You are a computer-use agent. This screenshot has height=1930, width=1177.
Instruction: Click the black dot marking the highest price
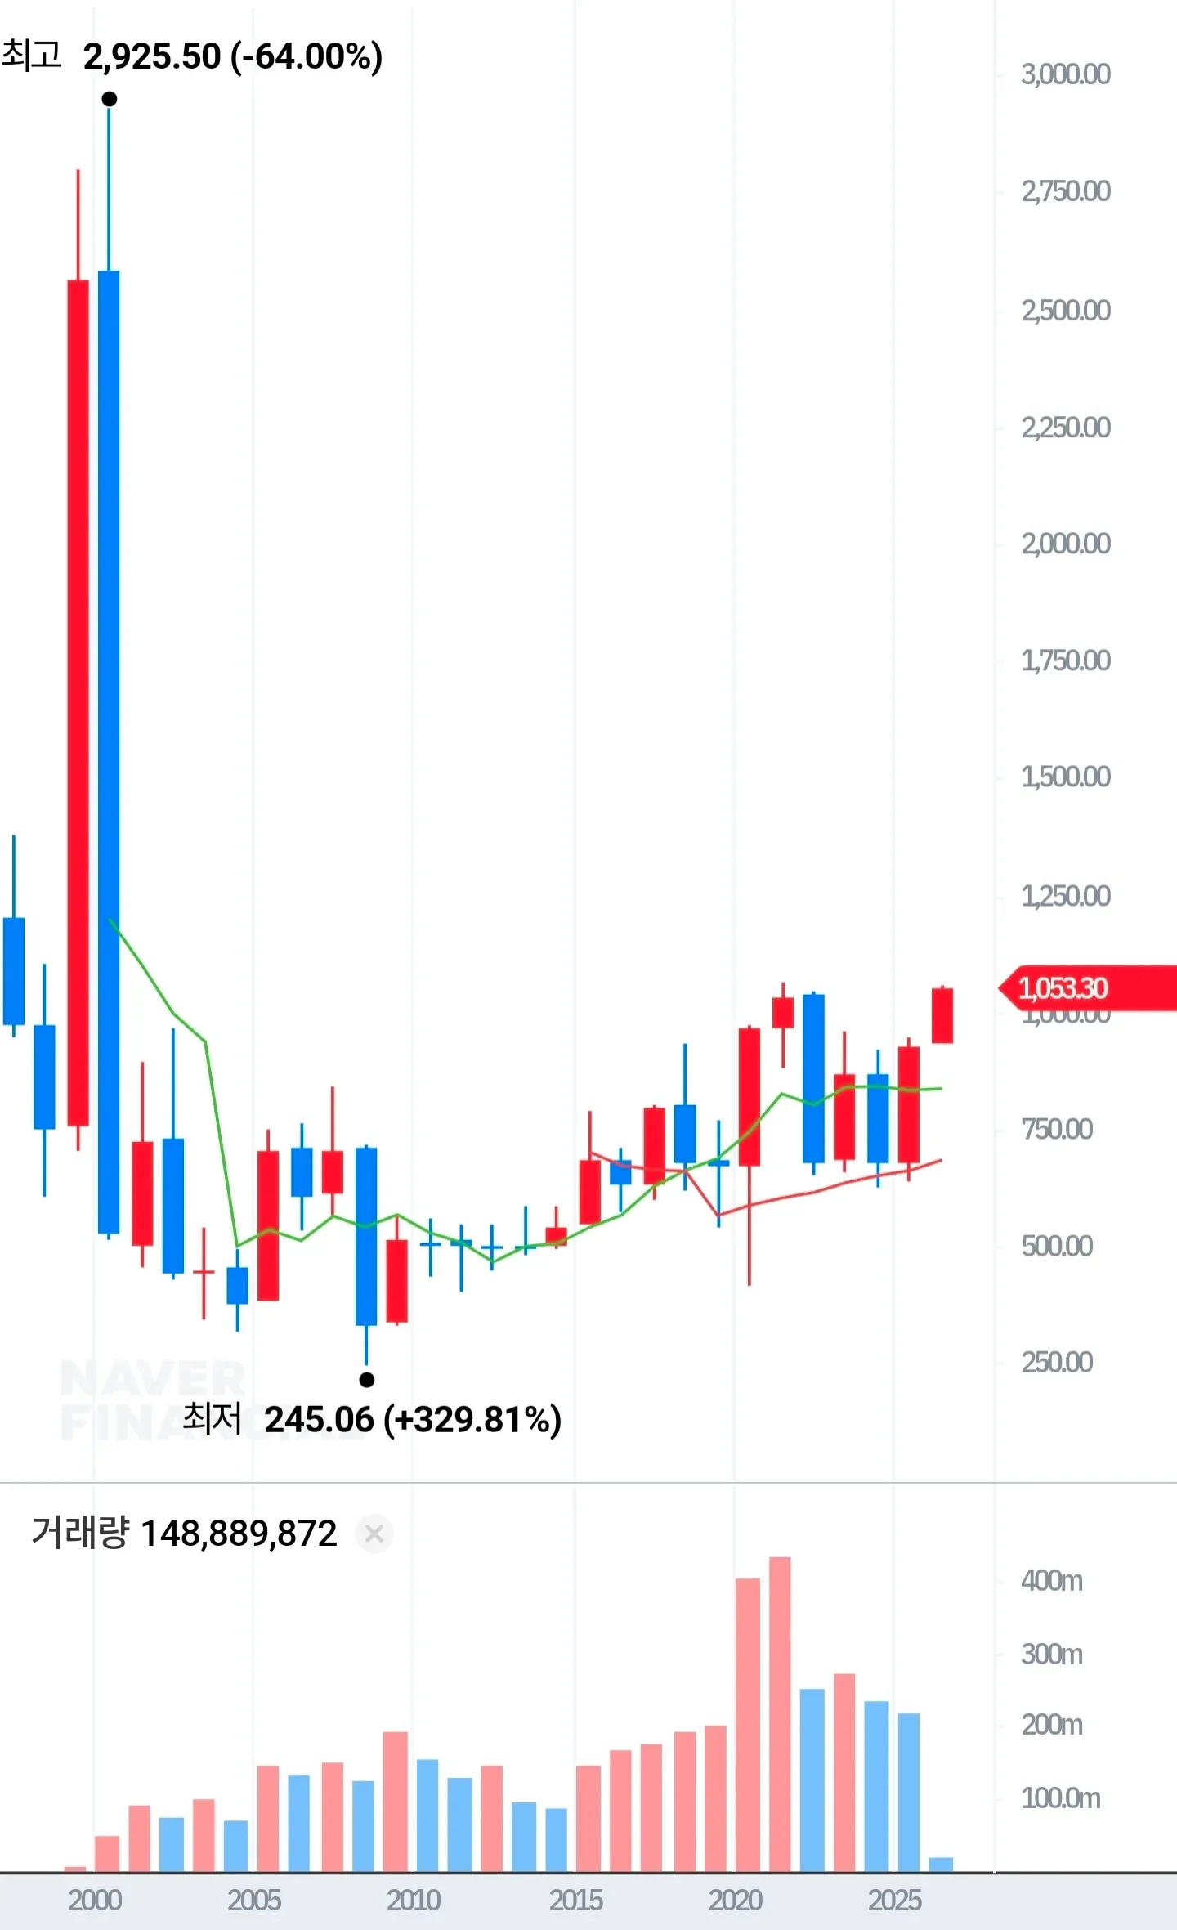coord(110,100)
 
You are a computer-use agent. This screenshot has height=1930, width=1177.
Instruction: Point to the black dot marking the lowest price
coord(367,1380)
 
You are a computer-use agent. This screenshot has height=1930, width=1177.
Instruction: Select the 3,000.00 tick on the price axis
coord(1065,75)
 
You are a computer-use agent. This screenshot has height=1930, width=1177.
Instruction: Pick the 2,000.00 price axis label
coord(1065,544)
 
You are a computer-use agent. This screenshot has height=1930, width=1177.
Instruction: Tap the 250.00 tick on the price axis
coord(1056,1363)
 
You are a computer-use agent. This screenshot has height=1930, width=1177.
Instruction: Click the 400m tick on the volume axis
coord(1051,1582)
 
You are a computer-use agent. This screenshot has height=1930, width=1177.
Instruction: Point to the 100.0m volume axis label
coord(1060,1798)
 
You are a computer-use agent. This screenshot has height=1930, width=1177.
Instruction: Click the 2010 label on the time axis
coord(414,1900)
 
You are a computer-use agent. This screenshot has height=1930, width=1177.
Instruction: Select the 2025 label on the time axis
coord(894,1900)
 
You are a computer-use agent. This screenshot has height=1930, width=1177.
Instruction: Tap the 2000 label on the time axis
coord(95,1900)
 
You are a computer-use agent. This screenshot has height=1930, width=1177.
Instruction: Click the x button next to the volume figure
coord(374,1534)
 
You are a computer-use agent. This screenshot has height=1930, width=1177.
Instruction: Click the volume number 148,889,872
coord(239,1534)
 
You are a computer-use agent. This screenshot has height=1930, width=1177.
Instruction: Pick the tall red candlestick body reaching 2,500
coord(78,703)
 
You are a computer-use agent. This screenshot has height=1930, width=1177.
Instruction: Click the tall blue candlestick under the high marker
coord(109,752)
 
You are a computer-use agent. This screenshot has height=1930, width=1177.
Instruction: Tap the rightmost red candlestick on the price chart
coord(942,1015)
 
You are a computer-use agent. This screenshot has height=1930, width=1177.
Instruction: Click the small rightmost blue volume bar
coord(941,1865)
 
